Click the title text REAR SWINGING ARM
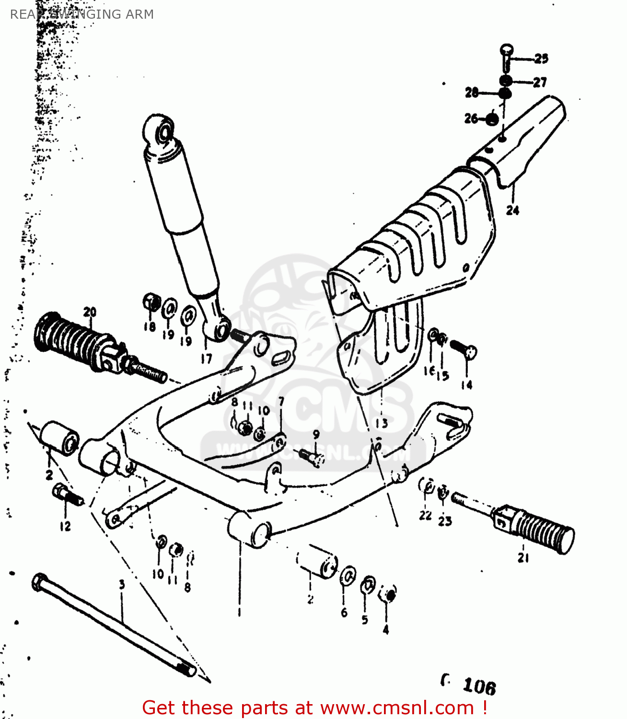coord(81,14)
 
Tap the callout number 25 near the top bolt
coord(541,59)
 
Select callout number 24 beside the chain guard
coord(512,210)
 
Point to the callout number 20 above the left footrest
coord(90,313)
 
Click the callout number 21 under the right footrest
coord(523,557)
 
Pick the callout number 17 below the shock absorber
coord(206,359)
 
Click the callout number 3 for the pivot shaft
coord(122,585)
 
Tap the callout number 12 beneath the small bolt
coord(65,526)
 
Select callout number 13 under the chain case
coord(381,423)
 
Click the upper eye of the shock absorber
coord(162,129)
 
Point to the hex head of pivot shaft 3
coord(39,582)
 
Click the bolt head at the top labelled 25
coord(507,50)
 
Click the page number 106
coord(479,687)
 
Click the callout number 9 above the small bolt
coord(316,435)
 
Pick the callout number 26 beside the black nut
coord(471,118)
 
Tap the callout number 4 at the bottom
coord(386,630)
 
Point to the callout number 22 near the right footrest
coord(425,515)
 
